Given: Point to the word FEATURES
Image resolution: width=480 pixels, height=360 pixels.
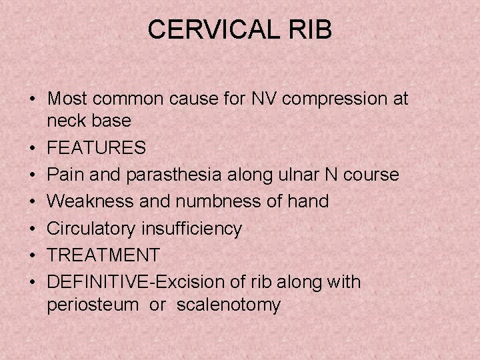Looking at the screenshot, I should (97, 148).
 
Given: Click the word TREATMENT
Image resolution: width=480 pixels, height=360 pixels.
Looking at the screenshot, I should (104, 255).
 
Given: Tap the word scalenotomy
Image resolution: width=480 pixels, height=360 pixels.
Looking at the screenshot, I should (229, 305).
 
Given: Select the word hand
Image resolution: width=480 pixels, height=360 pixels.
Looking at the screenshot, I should (311, 201).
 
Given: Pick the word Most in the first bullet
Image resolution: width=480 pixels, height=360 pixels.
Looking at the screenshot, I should (67, 99).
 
